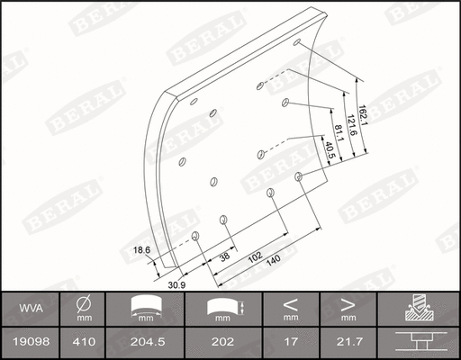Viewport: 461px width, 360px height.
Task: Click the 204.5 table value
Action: (x=149, y=342)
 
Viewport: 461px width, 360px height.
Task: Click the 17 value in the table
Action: (x=290, y=342)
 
